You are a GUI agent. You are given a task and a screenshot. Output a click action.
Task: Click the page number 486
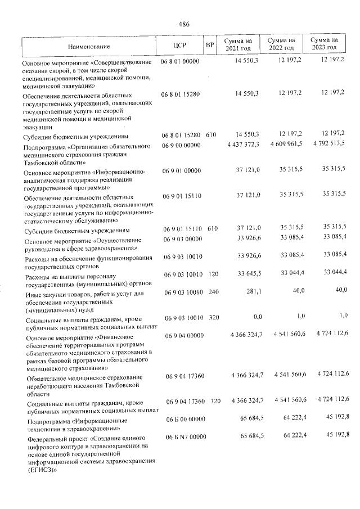point(183,24)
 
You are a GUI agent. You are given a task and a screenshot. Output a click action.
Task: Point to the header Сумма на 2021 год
point(238,44)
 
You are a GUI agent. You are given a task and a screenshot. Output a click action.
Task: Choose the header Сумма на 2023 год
point(324,44)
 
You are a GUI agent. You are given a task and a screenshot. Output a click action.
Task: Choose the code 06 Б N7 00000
point(183,436)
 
